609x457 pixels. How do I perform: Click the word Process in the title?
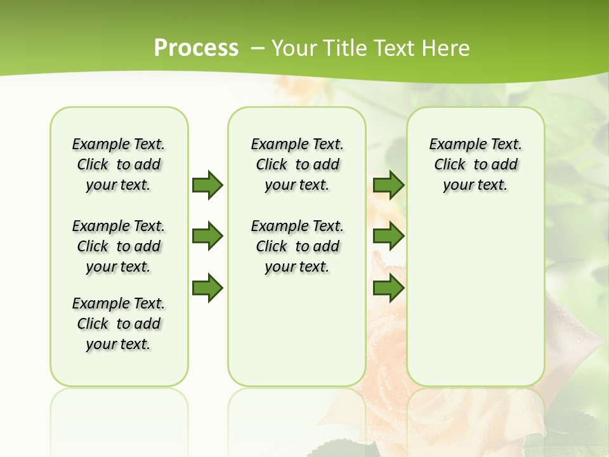(x=196, y=48)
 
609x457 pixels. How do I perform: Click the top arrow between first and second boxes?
(x=207, y=185)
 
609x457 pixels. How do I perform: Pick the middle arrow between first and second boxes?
(x=207, y=237)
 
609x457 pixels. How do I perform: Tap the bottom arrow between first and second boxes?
(x=207, y=288)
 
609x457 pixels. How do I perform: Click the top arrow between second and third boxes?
(x=388, y=185)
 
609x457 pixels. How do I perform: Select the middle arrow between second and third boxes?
(x=388, y=237)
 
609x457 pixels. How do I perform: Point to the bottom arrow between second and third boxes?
(x=388, y=288)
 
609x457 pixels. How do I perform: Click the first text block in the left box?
(x=119, y=164)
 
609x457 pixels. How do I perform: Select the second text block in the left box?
(x=119, y=246)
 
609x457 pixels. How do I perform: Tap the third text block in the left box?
(x=119, y=324)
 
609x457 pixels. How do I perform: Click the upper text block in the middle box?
(x=298, y=164)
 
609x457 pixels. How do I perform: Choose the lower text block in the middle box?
(x=298, y=246)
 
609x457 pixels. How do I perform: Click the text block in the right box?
(x=476, y=164)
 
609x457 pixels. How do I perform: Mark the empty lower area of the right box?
(x=476, y=298)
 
